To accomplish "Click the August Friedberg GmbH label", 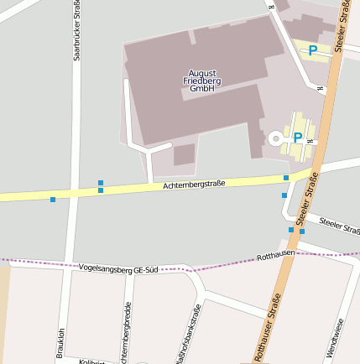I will point(201,81).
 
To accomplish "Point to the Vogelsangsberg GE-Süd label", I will point(117,269).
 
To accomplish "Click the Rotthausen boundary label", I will point(275,255).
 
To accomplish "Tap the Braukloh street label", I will point(60,343).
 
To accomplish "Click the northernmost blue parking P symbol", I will point(313,50).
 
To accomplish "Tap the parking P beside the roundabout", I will point(298,137).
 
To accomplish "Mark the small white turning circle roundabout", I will point(275,138).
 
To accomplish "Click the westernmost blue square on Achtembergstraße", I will point(53,200).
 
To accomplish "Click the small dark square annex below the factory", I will point(184,154).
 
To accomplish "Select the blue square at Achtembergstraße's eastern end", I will point(286,178).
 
